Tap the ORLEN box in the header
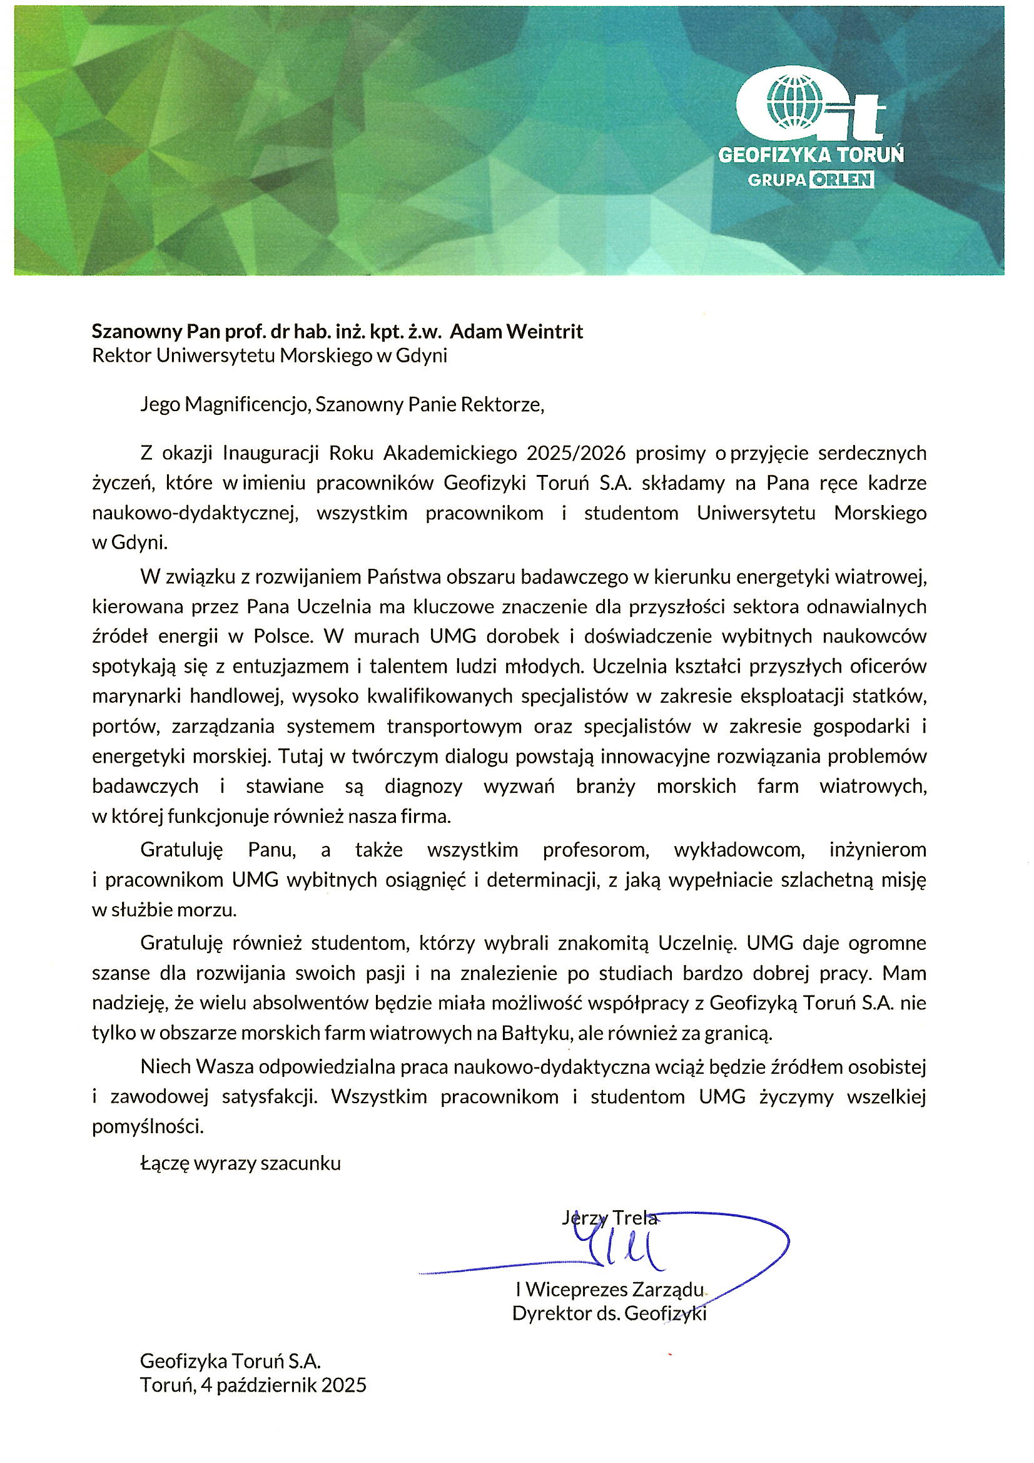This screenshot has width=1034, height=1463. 841,180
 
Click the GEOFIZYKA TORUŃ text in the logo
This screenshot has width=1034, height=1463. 811,155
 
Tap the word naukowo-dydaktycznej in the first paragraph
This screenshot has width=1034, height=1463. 195,513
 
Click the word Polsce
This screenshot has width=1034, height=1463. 283,636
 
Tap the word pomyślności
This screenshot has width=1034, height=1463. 148,1126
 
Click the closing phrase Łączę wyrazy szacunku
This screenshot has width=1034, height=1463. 241,1163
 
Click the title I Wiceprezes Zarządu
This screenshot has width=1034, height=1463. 610,1290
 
